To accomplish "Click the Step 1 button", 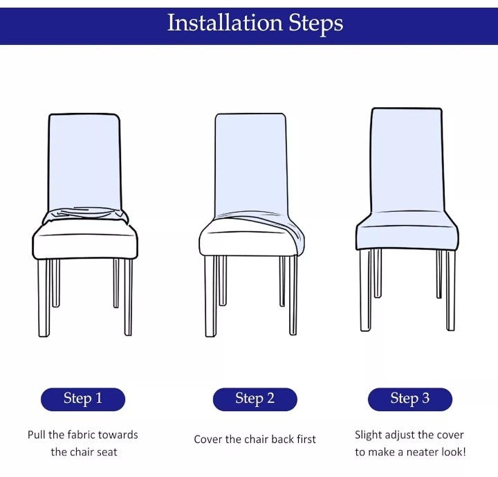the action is tap(83, 399).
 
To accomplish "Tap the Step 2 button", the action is tap(255, 399).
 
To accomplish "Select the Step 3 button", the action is tap(410, 399).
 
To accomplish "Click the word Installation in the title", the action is tap(225, 23).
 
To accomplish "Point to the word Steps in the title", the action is tap(315, 24).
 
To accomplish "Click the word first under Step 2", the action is tap(306, 439).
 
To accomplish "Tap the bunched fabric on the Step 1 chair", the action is tap(86, 215).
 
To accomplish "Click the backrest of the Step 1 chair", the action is tap(84, 161).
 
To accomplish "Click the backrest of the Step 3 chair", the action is tap(407, 160).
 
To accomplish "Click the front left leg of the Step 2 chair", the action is tap(210, 296).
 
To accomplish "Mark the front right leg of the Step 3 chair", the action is tap(450, 290).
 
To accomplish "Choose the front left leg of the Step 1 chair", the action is tap(44, 298).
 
